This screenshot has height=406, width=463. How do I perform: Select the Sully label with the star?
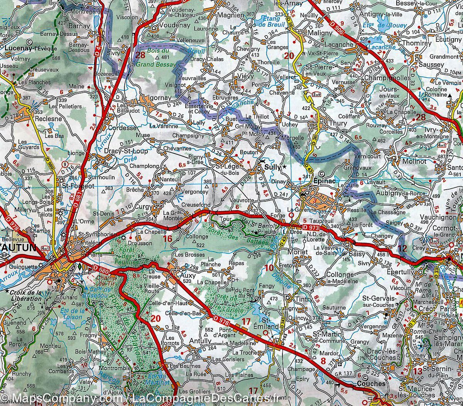pos(272,167)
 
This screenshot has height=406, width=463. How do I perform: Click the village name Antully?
pos(200,341)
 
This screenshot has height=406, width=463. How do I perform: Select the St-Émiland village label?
pos(270,324)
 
